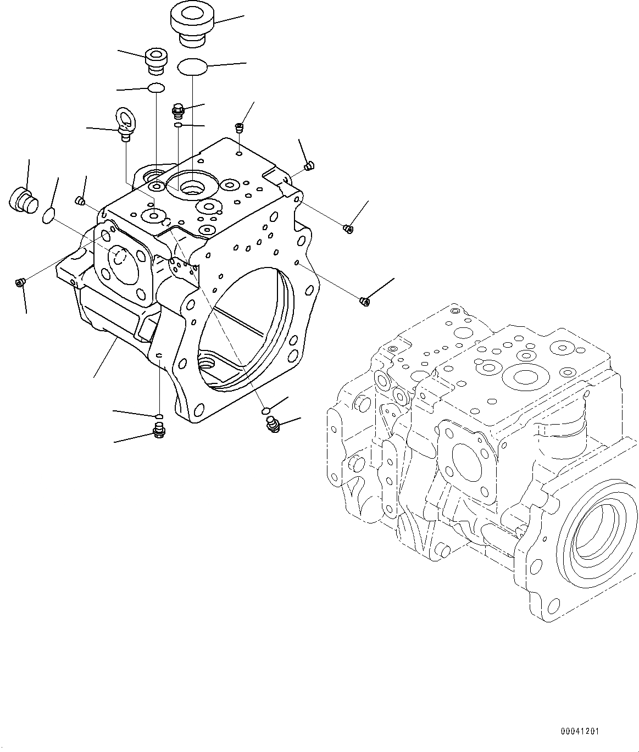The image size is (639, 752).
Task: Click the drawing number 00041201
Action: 580,732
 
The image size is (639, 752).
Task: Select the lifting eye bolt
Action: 124,124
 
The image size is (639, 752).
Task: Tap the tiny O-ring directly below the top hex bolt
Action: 179,126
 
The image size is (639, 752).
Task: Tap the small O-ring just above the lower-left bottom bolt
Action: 159,415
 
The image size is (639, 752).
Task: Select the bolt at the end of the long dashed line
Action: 273,424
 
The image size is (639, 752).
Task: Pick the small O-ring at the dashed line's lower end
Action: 265,410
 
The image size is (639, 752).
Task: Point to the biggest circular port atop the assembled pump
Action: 525,377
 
